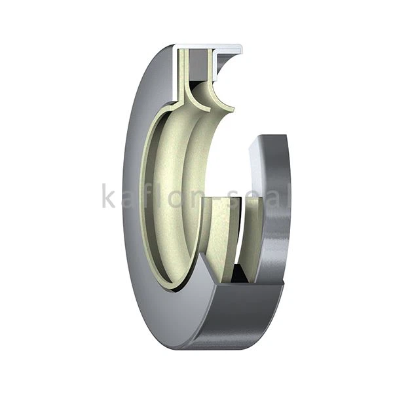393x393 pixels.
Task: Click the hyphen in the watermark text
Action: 216,199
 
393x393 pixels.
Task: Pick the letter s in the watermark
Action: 234,198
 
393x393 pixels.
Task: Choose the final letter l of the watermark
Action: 286,195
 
